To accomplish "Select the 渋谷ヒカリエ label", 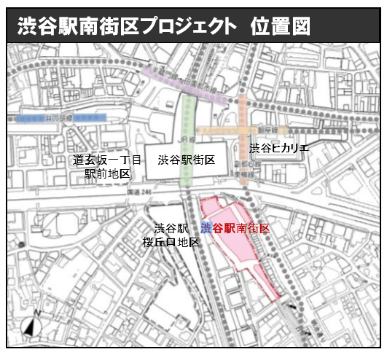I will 279,149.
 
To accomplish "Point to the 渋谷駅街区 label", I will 185,160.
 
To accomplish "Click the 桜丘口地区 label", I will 171,242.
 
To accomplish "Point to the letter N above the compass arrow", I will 27,319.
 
